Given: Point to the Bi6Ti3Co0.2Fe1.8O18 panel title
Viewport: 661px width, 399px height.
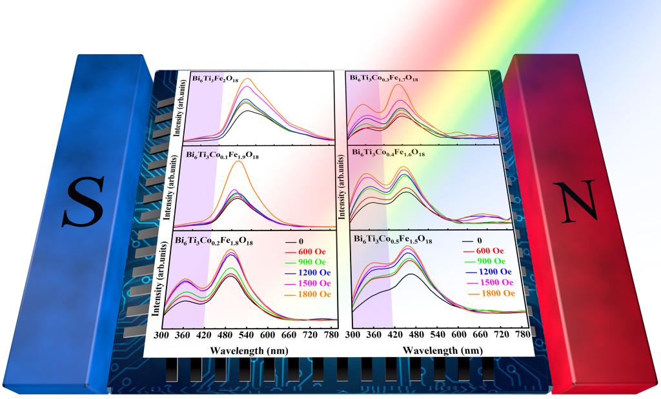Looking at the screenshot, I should (x=222, y=240).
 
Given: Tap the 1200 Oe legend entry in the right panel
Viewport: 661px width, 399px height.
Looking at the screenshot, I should (x=496, y=272).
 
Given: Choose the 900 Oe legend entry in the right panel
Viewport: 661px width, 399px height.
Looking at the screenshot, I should (x=494, y=261).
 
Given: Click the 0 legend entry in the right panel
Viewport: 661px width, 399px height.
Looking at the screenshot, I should (x=481, y=240).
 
